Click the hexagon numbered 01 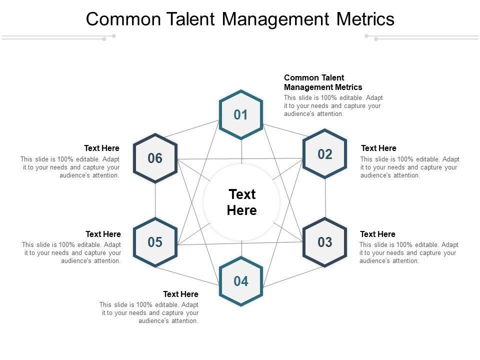[x=241, y=115]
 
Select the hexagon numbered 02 [x=325, y=154]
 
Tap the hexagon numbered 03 [x=325, y=242]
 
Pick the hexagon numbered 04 [x=241, y=281]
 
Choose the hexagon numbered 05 [x=155, y=242]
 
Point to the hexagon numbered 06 [x=155, y=158]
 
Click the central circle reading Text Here [x=242, y=202]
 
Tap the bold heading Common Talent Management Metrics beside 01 [x=323, y=82]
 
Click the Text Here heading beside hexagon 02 [x=378, y=148]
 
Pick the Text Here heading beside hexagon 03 [x=377, y=234]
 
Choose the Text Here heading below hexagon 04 [x=180, y=294]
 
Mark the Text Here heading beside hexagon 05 [x=103, y=234]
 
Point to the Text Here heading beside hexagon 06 [x=102, y=148]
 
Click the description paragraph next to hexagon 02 [x=409, y=167]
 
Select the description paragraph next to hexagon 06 [x=70, y=167]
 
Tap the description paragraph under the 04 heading [x=149, y=313]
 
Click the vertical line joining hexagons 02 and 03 [x=325, y=198]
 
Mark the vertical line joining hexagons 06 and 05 [x=155, y=200]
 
